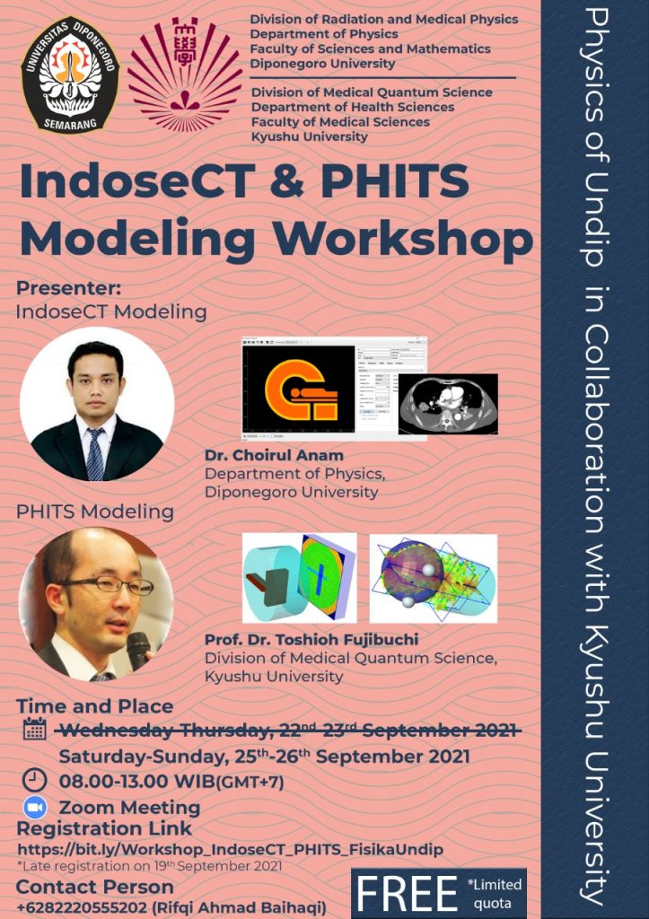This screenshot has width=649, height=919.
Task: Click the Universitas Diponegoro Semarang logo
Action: click(70, 75)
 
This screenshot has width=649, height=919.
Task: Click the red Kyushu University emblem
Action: click(185, 74)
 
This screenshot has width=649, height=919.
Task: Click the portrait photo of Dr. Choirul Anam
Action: click(97, 404)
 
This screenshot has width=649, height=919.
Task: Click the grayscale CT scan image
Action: click(447, 404)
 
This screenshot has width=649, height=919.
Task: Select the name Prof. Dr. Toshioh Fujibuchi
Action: click(311, 640)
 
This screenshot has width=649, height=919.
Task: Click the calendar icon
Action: click(34, 729)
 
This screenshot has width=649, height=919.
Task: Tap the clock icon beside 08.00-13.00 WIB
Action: click(33, 779)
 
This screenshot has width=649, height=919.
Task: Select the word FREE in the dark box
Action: click(407, 894)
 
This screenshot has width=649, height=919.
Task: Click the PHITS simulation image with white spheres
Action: click(433, 579)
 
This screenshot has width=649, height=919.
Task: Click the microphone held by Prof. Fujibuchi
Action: click(137, 649)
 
